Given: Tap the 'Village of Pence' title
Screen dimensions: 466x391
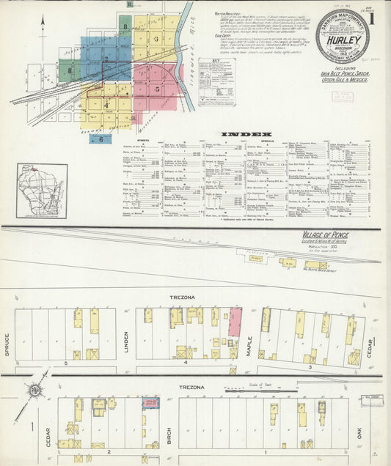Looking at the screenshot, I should [326, 234].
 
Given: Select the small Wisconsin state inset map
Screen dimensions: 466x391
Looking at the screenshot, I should [42, 191].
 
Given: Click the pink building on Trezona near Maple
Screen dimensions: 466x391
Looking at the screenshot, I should [235, 322].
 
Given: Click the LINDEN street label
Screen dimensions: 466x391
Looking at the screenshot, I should [126, 341].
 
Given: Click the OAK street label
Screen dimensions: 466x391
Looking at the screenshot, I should [359, 432].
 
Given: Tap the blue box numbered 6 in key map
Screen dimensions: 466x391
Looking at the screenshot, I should [101, 138].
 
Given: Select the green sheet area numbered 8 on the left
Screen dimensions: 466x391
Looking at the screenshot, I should [70, 71].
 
